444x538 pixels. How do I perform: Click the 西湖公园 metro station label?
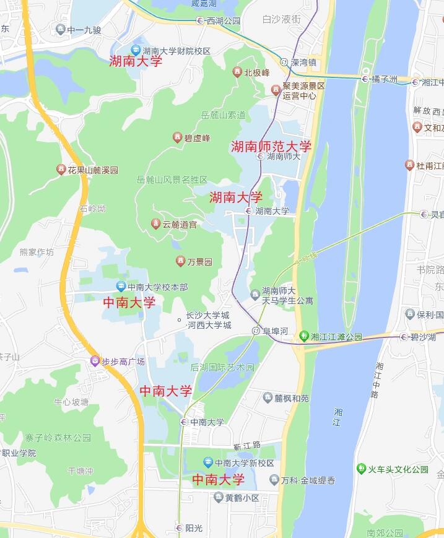click(x=223, y=20)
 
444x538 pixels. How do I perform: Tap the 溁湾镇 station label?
click(x=303, y=62)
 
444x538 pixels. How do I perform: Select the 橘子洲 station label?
click(x=384, y=79)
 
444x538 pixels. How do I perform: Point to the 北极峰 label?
click(x=256, y=72)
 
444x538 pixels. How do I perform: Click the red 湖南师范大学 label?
click(x=271, y=147)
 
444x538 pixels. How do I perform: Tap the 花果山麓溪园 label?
click(x=93, y=169)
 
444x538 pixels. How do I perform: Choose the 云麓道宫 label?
click(x=180, y=224)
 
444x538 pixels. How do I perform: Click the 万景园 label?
click(x=199, y=262)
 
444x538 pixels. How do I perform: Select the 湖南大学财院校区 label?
click(x=176, y=51)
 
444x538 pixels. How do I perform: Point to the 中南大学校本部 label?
click(x=157, y=287)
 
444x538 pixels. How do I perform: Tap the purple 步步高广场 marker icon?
click(x=94, y=361)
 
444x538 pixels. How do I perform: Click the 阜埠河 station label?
click(x=275, y=331)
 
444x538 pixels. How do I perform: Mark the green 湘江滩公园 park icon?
click(x=303, y=337)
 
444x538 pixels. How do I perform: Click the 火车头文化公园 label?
click(x=398, y=469)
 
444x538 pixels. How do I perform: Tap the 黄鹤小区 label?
click(x=242, y=497)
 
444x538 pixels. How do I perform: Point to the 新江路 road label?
click(x=247, y=445)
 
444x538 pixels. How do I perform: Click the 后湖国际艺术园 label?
click(x=222, y=367)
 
